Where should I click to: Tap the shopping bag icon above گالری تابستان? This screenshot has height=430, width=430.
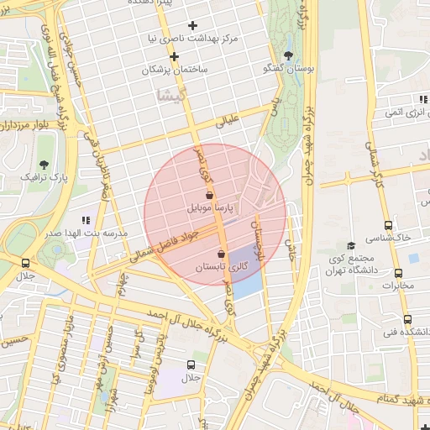(221, 254)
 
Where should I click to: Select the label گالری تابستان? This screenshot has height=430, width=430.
(223, 267)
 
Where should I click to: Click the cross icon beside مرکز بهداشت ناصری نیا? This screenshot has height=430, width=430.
(192, 26)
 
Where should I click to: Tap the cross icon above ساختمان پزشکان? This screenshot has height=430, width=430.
(174, 57)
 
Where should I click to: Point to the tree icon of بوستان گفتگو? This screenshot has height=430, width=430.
(289, 56)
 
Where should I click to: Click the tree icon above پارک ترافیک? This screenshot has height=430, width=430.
(43, 164)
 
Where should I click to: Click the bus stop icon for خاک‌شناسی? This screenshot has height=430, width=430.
(388, 225)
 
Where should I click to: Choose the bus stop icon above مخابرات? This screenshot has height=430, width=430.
(398, 273)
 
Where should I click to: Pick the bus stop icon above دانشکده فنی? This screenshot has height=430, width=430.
(407, 319)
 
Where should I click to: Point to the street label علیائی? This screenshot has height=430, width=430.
(228, 123)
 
